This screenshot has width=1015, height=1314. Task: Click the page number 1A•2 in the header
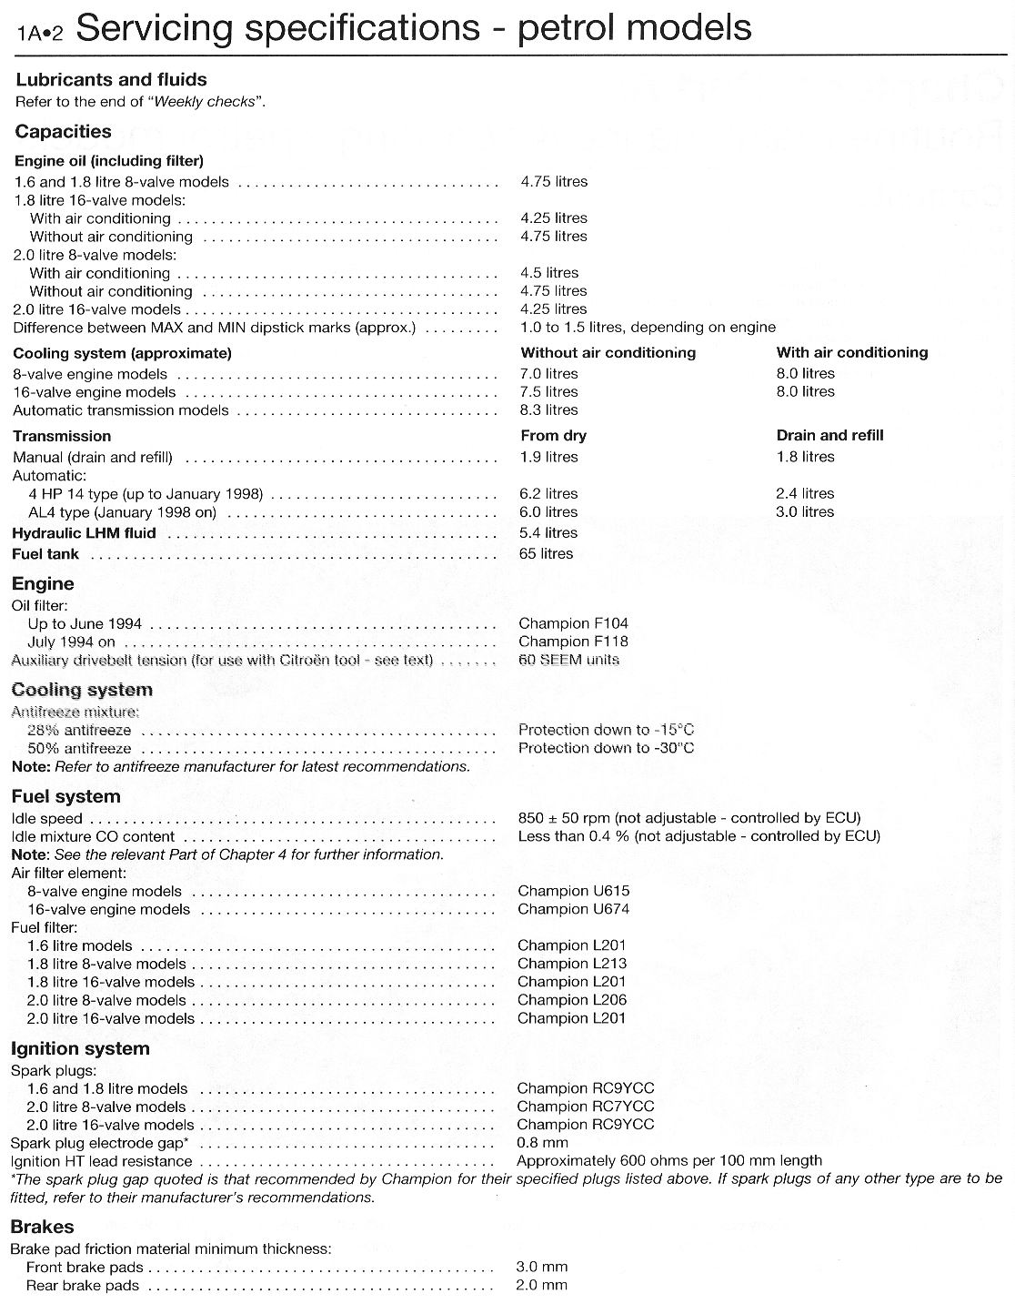[40, 34]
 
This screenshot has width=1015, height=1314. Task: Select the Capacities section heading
[63, 132]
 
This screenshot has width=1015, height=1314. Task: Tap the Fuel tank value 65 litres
[546, 554]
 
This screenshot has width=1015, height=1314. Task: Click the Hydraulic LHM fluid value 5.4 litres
[548, 533]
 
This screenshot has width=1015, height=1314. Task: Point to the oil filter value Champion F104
[573, 623]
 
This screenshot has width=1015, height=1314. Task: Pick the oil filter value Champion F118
[573, 642]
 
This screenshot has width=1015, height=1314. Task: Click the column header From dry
[553, 436]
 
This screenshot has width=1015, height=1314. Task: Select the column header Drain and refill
[829, 436]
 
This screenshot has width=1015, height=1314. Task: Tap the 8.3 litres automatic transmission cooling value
[548, 410]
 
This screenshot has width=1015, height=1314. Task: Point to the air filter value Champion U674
[573, 909]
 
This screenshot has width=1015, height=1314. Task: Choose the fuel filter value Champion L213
[571, 964]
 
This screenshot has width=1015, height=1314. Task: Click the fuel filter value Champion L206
[571, 1000]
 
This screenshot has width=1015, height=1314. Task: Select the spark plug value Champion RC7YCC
[585, 1107]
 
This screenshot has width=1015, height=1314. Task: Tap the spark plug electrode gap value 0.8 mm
[542, 1143]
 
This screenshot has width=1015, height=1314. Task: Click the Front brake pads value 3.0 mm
[541, 1267]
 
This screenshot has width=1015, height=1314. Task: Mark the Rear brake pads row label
[83, 1286]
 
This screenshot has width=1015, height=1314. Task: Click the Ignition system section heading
[80, 1049]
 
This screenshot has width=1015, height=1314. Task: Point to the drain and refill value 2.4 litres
[805, 494]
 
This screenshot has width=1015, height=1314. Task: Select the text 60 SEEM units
[568, 660]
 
